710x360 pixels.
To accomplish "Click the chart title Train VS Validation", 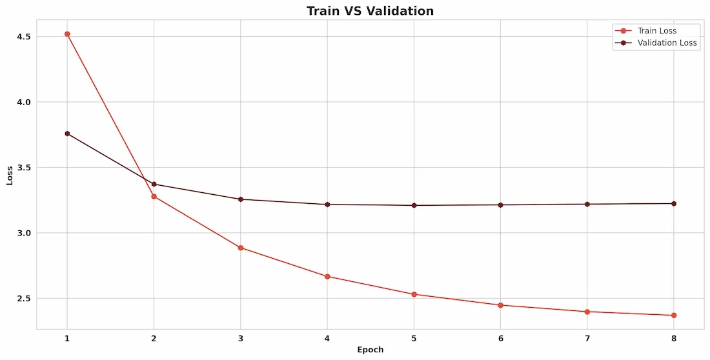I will coord(370,11).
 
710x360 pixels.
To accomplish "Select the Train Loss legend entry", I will coord(656,30).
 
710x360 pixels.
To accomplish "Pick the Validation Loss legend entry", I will coord(667,43).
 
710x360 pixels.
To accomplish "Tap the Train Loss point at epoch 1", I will coord(67,34).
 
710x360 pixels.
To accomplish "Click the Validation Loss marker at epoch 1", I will coord(67,134).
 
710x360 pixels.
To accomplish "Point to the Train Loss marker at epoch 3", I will coord(241,248).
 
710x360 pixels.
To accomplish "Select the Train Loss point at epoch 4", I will coord(327,276).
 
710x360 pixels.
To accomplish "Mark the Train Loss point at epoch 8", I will coord(674,315).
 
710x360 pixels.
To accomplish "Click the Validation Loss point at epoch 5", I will coord(414,205).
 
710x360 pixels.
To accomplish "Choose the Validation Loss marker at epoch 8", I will coord(674,203).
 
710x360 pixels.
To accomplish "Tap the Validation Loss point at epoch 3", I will coord(241,199).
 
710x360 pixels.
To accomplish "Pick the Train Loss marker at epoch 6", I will coord(500,305).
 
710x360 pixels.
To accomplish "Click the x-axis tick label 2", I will coord(154,338).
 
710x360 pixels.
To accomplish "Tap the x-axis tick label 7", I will coord(587,338).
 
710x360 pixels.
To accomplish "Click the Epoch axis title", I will coord(370,350).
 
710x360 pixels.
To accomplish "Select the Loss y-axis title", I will coord(10,176).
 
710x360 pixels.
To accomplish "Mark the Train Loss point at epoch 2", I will coord(154,196).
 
